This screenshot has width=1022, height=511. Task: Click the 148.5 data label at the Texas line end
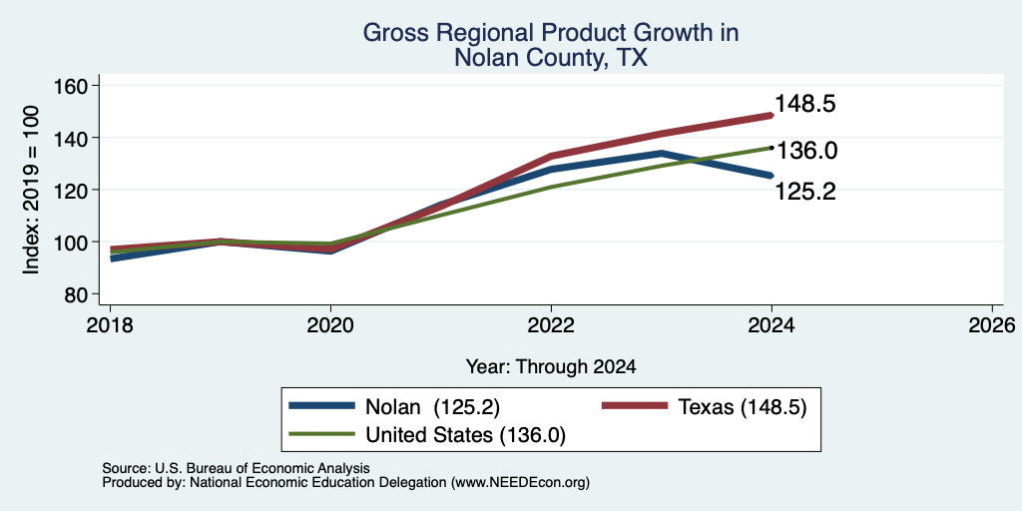[x=805, y=104]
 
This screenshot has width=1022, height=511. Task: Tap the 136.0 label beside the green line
[x=806, y=151]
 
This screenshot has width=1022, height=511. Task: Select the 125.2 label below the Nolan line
[x=805, y=192]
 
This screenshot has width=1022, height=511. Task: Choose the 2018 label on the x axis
[x=110, y=324]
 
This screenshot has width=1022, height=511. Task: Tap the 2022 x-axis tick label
[x=551, y=324]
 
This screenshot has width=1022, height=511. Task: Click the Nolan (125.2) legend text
[x=433, y=407]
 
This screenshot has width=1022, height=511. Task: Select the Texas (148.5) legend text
[x=743, y=407]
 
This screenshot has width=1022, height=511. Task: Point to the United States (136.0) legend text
[x=465, y=435]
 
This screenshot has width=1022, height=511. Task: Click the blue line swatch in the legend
[x=323, y=406]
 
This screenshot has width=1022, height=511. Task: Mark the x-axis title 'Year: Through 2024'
[x=551, y=367]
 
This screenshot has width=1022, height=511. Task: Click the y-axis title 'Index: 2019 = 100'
[x=31, y=190]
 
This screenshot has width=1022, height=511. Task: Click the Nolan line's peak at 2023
[x=661, y=153]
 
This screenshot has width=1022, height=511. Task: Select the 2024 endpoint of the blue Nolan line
[x=771, y=176]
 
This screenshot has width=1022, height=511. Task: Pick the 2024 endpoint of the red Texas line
[x=771, y=116]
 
